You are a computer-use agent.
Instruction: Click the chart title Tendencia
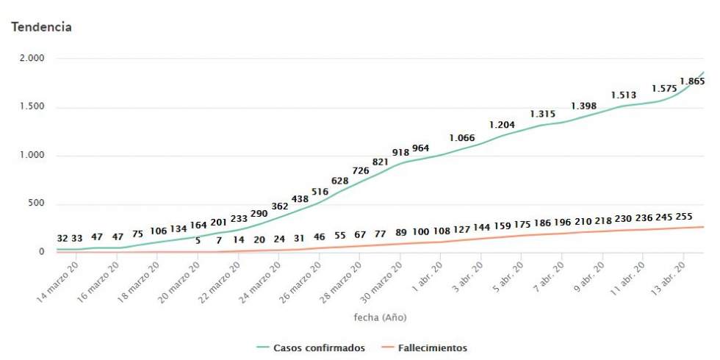coord(41,27)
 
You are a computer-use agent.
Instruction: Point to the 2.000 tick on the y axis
coord(31,59)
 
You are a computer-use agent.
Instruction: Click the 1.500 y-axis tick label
coord(31,107)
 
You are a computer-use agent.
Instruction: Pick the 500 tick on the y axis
coord(37,204)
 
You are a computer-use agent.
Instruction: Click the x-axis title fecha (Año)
coord(378,317)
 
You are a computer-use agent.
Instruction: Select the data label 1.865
coord(693,82)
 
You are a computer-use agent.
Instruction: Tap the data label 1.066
coord(462,137)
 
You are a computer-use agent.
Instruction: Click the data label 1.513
coord(624,95)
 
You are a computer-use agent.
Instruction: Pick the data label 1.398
coord(585,107)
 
